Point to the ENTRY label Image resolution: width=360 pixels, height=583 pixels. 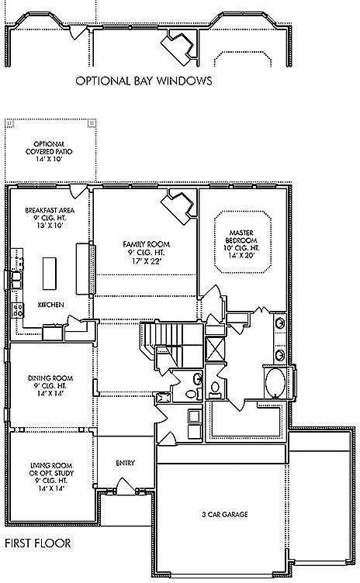pos(126,463)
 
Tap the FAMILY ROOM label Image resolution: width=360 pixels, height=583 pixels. pos(146,244)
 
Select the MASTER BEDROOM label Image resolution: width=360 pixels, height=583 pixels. pos(241,237)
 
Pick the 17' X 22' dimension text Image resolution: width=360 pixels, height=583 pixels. pos(145,261)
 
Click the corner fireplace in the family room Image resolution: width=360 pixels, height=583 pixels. pos(176,208)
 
